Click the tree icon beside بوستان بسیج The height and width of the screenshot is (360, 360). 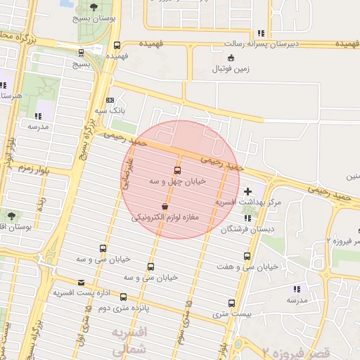click(94, 6)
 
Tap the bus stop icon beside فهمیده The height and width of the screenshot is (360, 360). click(117, 44)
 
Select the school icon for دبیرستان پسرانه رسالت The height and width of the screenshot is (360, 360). click(260, 32)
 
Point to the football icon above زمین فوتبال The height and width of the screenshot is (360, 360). click(213, 70)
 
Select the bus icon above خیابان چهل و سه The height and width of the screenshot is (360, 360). click(176, 170)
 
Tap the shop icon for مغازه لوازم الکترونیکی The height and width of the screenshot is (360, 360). click(165, 207)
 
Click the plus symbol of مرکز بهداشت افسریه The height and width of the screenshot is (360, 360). click(247, 191)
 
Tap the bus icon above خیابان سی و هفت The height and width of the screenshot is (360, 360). click(246, 256)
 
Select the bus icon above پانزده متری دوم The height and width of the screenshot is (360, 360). click(124, 297)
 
